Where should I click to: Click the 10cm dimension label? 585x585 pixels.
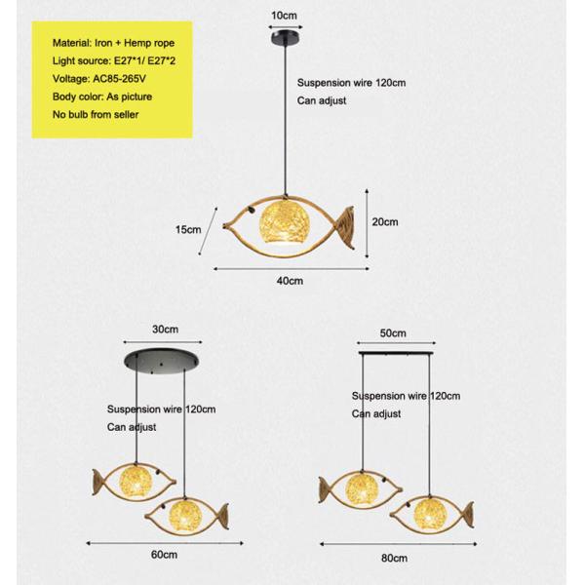click(284, 16)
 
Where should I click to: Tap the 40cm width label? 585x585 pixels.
click(290, 281)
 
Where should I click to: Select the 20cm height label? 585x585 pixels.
click(385, 222)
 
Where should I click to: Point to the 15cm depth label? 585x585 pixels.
click(188, 229)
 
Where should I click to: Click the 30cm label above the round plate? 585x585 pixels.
click(166, 330)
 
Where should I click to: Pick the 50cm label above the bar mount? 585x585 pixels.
click(393, 333)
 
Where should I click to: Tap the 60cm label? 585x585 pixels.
click(164, 555)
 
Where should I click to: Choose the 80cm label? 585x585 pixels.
click(394, 559)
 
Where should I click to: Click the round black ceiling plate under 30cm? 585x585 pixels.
click(161, 360)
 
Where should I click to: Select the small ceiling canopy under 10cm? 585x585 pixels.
click(286, 38)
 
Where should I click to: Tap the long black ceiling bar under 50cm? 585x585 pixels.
click(396, 353)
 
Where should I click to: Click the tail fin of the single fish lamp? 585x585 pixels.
click(346, 227)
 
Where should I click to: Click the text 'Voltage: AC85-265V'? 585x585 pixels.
click(99, 79)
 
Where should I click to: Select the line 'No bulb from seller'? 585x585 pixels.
click(96, 114)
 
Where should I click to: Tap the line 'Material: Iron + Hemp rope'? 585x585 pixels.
click(113, 43)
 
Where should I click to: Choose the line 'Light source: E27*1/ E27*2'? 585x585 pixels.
click(114, 60)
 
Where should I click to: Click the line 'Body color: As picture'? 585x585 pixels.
click(102, 97)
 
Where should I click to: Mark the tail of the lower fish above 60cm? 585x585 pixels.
click(223, 516)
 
